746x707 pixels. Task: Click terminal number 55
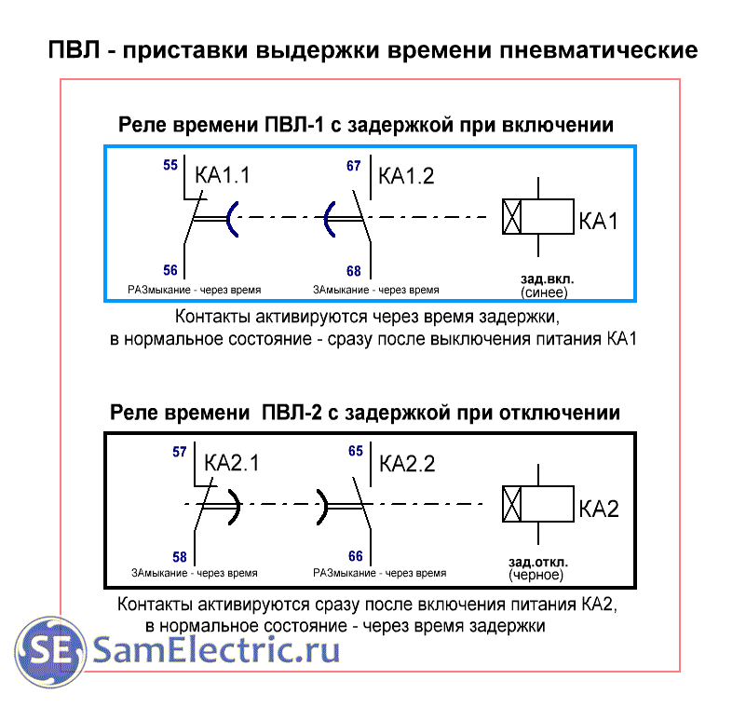click(170, 166)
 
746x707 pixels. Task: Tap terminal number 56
click(170, 270)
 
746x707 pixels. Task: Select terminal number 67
click(353, 166)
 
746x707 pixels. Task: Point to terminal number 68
click(353, 271)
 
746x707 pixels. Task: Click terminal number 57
click(180, 453)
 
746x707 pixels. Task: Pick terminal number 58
click(180, 557)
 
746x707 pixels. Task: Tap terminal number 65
click(355, 452)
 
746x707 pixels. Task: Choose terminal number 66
click(355, 556)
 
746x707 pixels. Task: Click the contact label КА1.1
click(223, 176)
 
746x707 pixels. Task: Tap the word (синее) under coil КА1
click(544, 292)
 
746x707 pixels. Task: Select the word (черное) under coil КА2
click(538, 577)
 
